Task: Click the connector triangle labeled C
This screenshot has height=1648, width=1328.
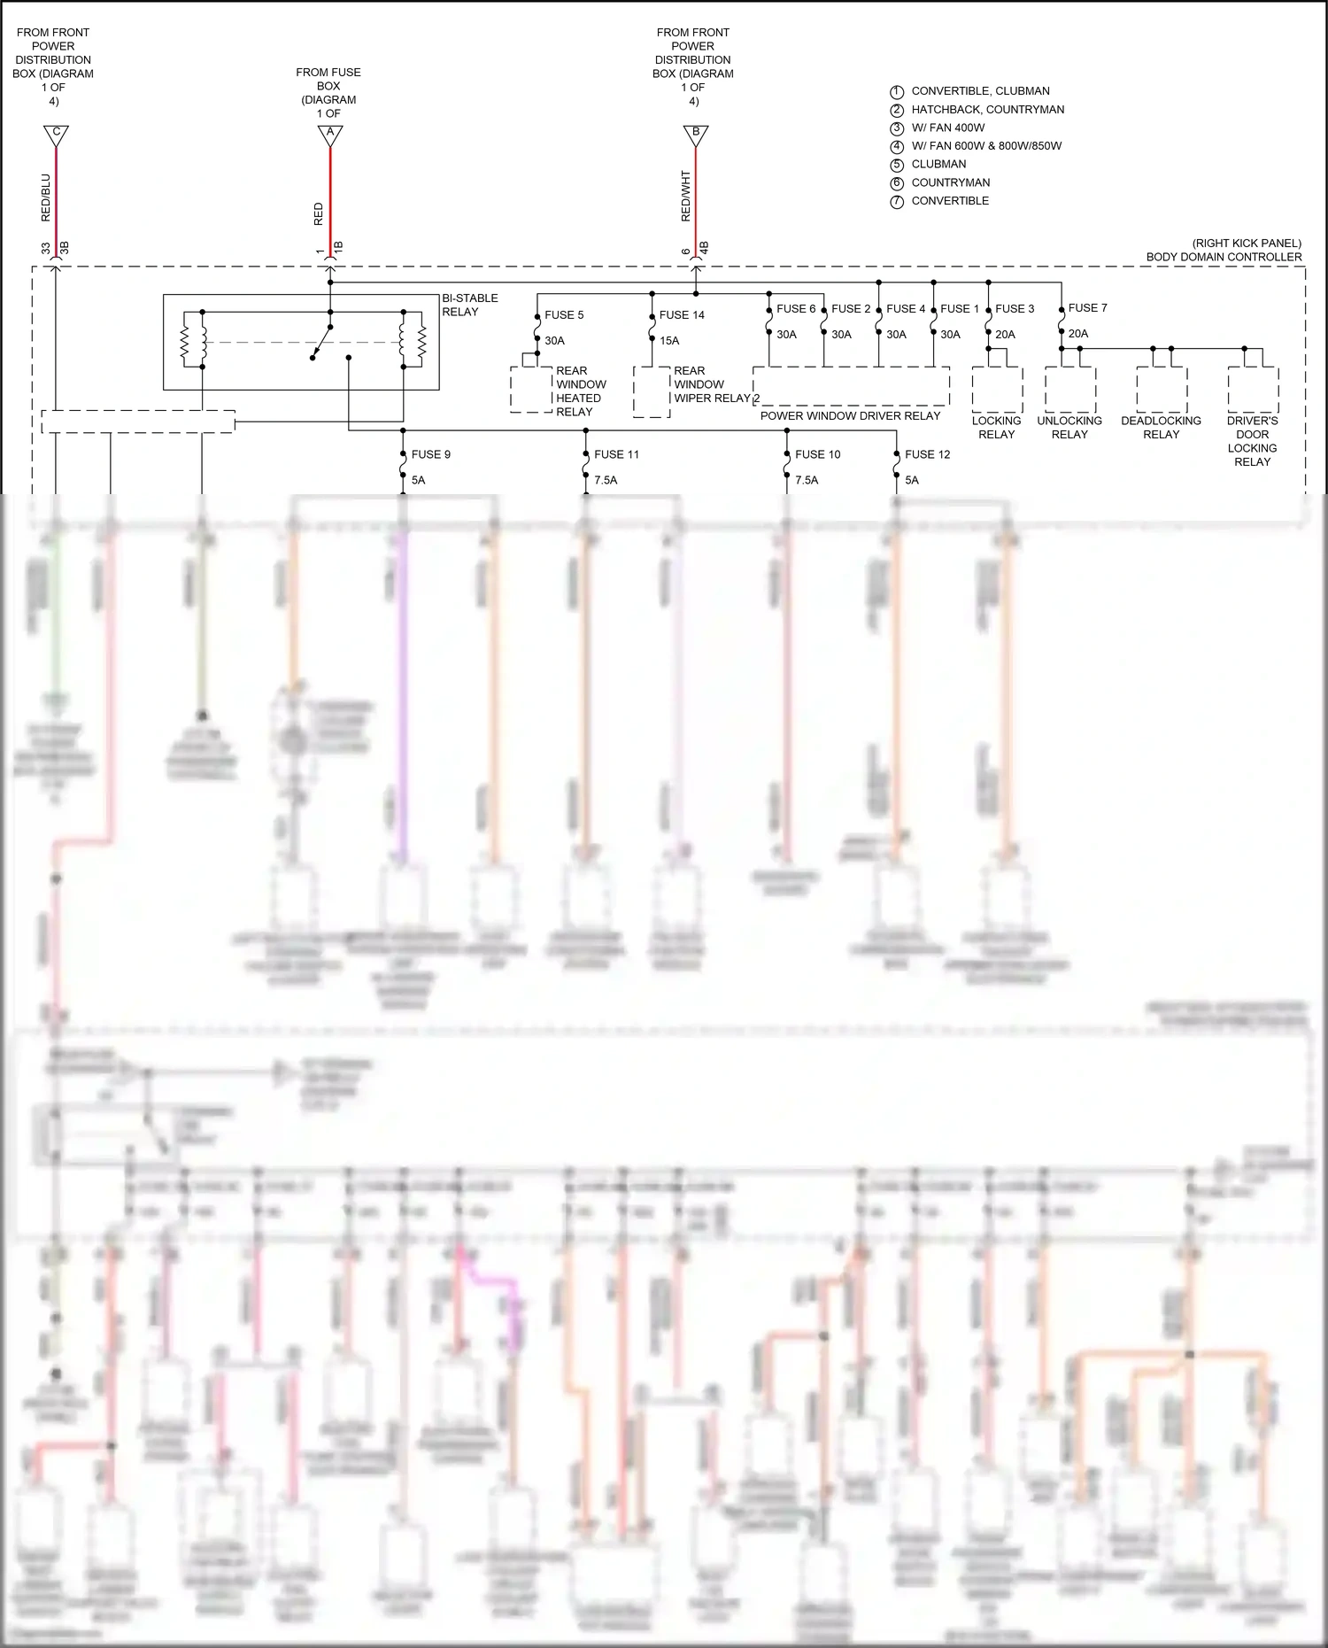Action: coord(56,135)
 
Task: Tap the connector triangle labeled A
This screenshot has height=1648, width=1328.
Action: coord(330,135)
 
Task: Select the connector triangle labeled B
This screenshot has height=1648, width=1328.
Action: coord(696,135)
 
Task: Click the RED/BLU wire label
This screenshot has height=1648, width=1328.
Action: coord(46,197)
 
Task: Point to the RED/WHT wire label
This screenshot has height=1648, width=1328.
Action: coord(685,196)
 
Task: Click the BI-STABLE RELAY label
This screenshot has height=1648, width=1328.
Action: coord(470,305)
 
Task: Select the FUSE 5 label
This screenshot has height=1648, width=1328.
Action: coord(564,314)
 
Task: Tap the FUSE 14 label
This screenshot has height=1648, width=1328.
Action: coord(682,314)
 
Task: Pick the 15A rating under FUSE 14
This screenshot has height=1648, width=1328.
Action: coord(669,340)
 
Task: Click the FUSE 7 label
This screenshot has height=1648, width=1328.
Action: coord(1087,307)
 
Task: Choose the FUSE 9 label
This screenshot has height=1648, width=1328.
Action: coord(430,454)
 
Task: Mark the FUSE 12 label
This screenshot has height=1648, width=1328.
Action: coord(927,454)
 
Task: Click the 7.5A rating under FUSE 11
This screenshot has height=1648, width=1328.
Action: coord(606,480)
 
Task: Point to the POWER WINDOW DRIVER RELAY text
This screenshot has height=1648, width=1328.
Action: coord(850,415)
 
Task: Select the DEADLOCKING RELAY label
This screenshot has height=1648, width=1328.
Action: coord(1161,427)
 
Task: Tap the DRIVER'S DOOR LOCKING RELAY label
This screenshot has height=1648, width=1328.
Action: coord(1252,441)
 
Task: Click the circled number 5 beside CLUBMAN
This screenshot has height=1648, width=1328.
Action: coord(897,165)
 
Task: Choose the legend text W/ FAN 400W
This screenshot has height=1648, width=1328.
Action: coord(947,128)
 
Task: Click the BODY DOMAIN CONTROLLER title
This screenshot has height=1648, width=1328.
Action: coord(1224,257)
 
